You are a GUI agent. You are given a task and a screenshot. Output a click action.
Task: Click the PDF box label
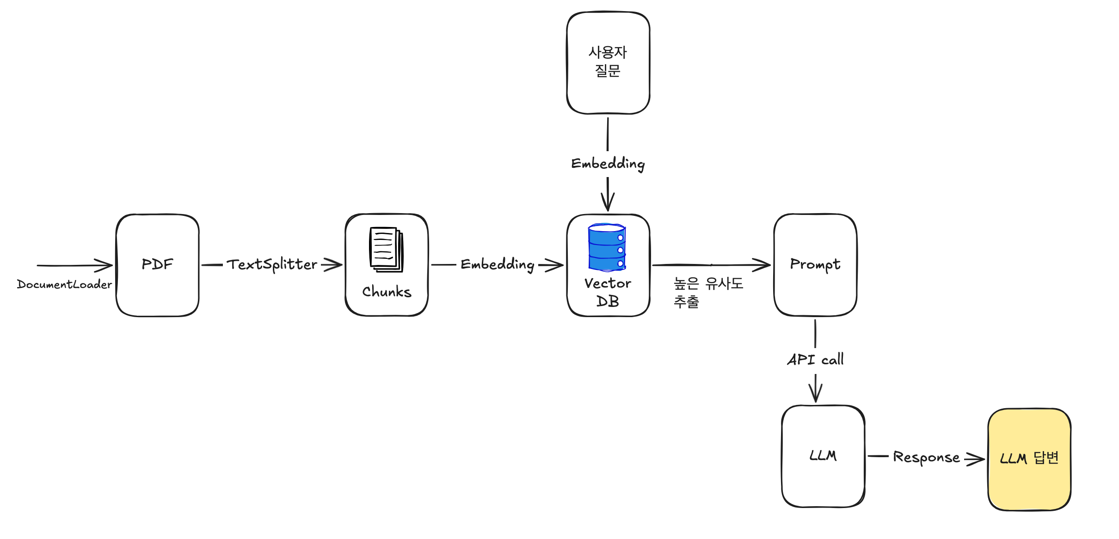click(x=157, y=264)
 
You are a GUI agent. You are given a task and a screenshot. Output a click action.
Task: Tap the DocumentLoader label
click(x=64, y=284)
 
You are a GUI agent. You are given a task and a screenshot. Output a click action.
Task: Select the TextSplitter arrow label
click(x=272, y=264)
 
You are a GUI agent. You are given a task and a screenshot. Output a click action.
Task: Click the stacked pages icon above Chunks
click(x=386, y=249)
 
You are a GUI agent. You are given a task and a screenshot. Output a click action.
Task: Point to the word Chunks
click(x=387, y=292)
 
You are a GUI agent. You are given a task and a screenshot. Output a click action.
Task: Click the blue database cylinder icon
click(x=607, y=247)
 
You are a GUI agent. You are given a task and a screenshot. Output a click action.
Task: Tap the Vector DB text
click(x=608, y=292)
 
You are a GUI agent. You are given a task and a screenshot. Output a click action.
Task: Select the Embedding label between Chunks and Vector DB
click(x=498, y=265)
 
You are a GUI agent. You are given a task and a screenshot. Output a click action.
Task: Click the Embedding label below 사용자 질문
click(x=608, y=164)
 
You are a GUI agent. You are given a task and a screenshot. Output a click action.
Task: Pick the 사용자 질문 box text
click(x=608, y=61)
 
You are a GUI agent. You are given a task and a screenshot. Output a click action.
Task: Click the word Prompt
click(x=815, y=264)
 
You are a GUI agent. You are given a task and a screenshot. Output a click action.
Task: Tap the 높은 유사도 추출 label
click(x=707, y=292)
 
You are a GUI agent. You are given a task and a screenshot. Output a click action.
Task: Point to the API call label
click(x=815, y=359)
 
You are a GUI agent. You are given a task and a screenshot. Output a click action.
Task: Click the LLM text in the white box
click(x=823, y=456)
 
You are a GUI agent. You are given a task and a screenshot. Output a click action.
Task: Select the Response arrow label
click(x=926, y=457)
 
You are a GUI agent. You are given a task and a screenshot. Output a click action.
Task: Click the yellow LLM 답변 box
click(x=1029, y=459)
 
